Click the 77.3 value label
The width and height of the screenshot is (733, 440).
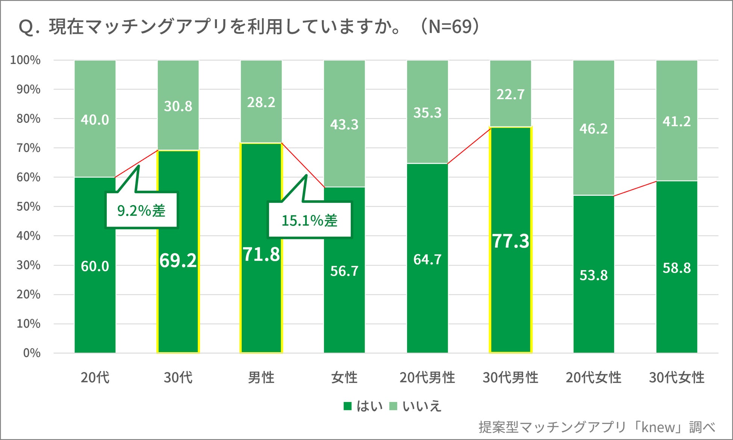pyautogui.click(x=510, y=241)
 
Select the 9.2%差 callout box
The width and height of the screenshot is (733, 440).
pyautogui.click(x=141, y=210)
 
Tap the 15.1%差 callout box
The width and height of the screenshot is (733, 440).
pyautogui.click(x=309, y=220)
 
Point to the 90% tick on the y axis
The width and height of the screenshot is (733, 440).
pyautogui.click(x=28, y=89)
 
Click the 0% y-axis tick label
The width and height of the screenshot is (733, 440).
pyautogui.click(x=32, y=353)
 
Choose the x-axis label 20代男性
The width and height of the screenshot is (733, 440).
pyautogui.click(x=427, y=377)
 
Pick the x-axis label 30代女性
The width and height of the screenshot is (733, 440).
pyautogui.click(x=677, y=377)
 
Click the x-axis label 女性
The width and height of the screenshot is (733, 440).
pyautogui.click(x=344, y=377)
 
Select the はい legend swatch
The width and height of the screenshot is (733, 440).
pyautogui.click(x=347, y=406)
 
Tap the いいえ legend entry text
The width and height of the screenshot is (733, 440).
pyautogui.click(x=422, y=406)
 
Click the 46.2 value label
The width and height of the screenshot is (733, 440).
pyautogui.click(x=593, y=129)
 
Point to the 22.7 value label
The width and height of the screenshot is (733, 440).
pyautogui.click(x=510, y=94)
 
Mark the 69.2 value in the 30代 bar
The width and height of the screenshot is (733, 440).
pyautogui.click(x=178, y=260)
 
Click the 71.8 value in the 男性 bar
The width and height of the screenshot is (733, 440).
pyautogui.click(x=261, y=254)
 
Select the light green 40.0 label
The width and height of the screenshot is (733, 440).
pyautogui.click(x=95, y=120)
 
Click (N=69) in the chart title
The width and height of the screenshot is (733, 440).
pyautogui.click(x=450, y=26)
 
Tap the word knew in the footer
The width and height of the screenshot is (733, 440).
pyautogui.click(x=658, y=427)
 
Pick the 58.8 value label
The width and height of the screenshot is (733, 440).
pyautogui.click(x=677, y=268)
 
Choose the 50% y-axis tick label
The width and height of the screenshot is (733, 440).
pyautogui.click(x=28, y=207)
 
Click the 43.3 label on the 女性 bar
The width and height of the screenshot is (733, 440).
pyautogui.click(x=344, y=124)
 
